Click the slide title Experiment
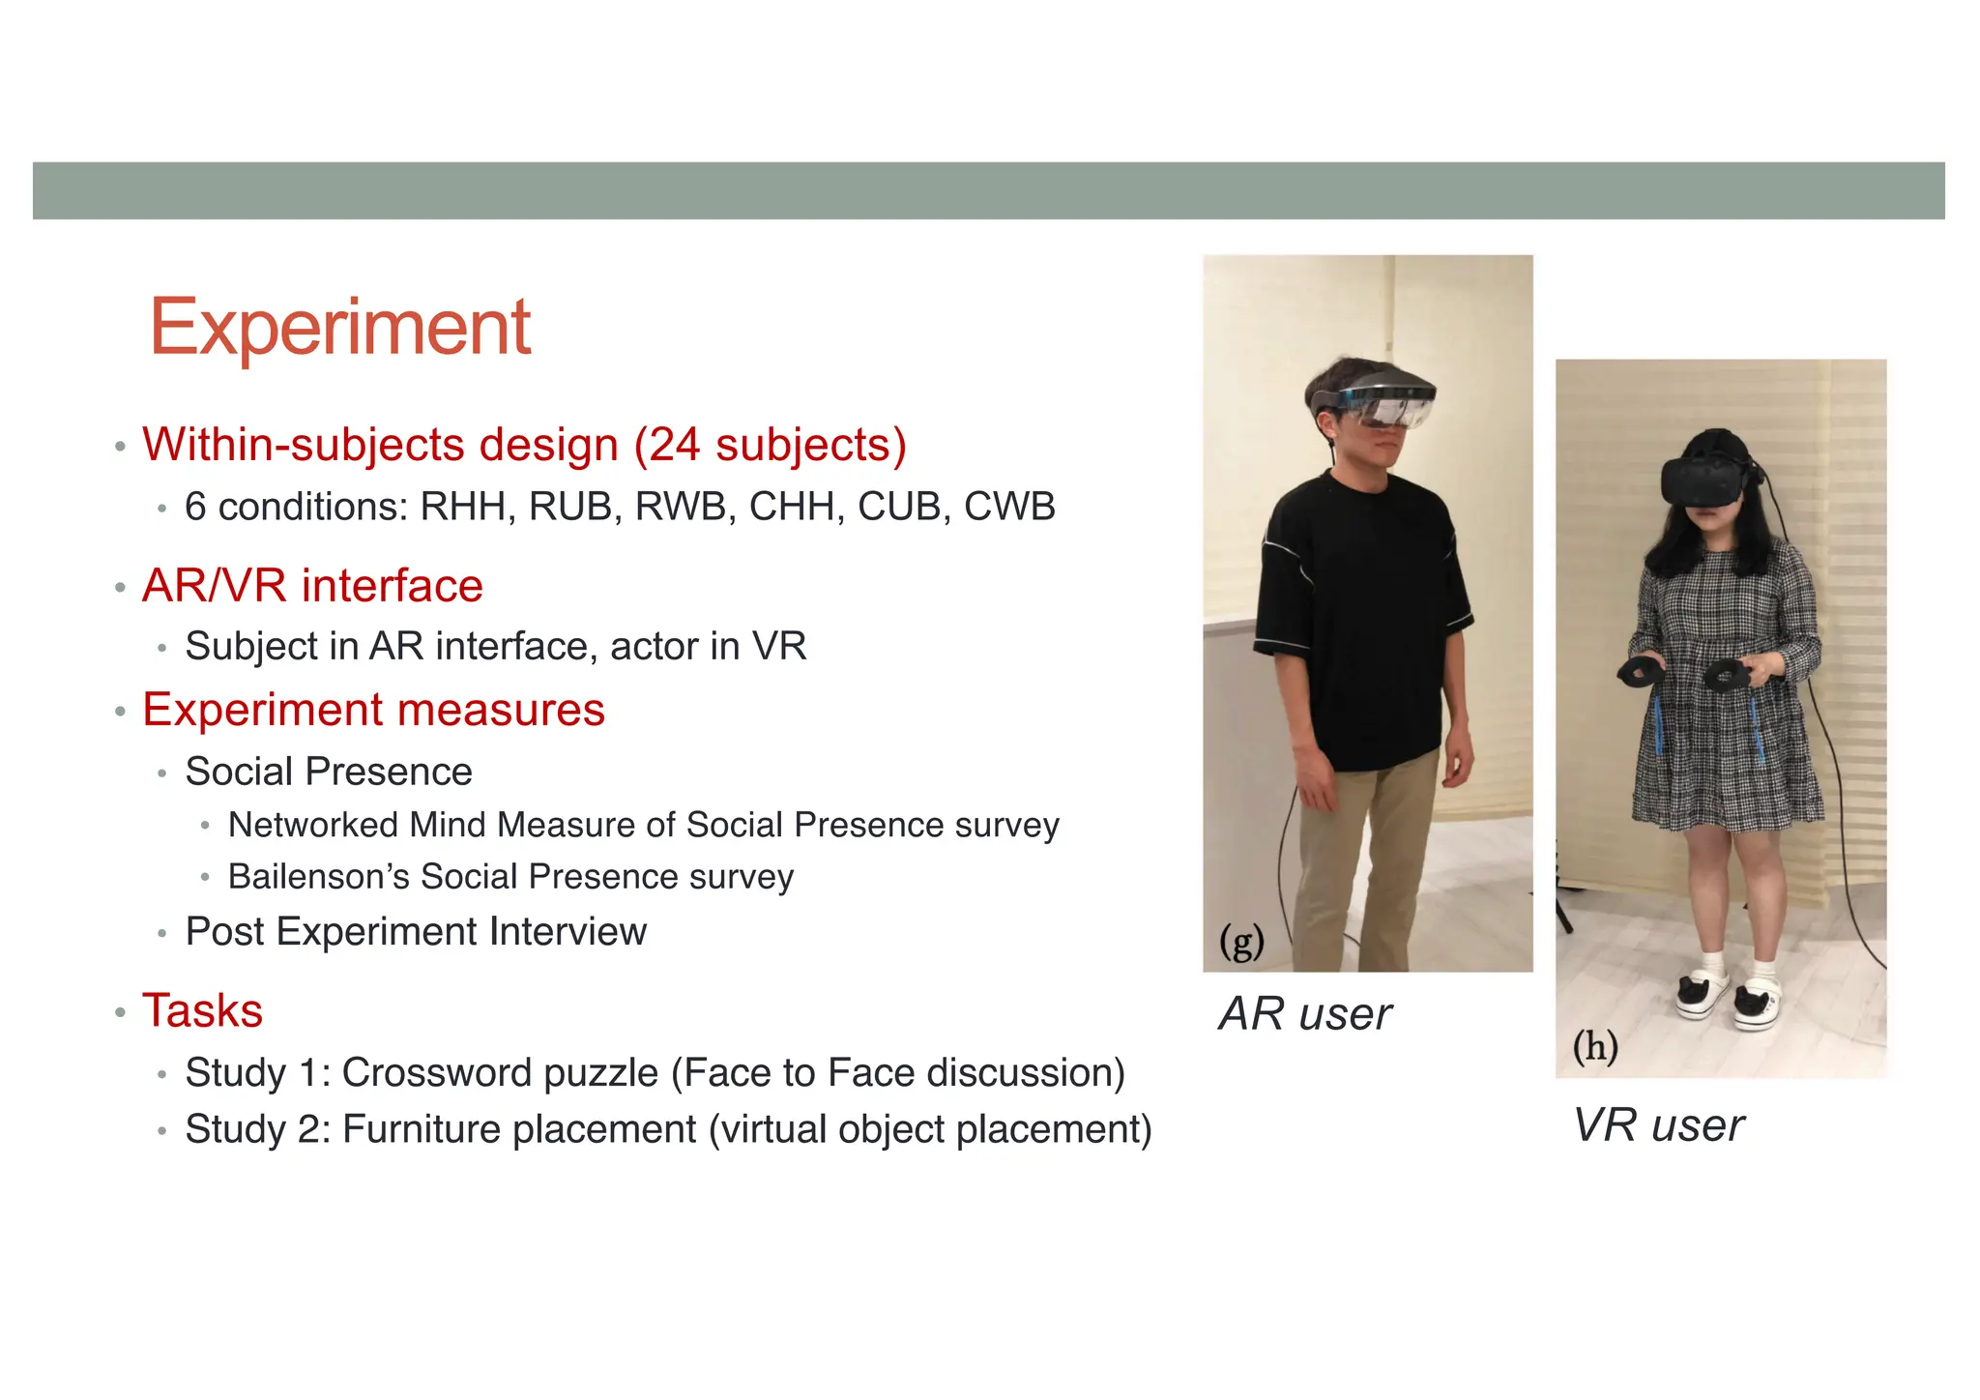point(339,328)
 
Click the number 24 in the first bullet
point(674,445)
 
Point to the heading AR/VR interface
point(312,586)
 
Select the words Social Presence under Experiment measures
point(329,772)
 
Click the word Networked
point(313,825)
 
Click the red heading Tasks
point(203,1011)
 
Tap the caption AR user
point(1304,1014)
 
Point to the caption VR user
point(1658,1125)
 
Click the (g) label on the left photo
point(1241,941)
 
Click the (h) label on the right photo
point(1594,1046)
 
